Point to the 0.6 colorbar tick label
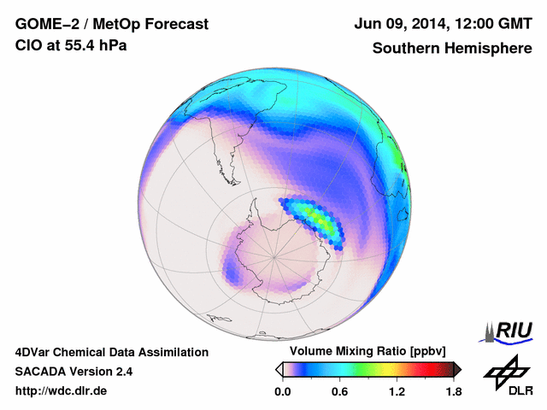tap(339, 392)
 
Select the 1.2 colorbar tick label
tap(397, 392)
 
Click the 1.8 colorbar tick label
tap(454, 392)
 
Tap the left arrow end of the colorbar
tap(279, 369)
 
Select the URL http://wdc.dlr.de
tap(61, 391)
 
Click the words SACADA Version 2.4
tap(74, 372)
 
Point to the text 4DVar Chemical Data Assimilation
tap(111, 352)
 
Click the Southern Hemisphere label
tap(451, 49)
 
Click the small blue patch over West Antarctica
tap(231, 272)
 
